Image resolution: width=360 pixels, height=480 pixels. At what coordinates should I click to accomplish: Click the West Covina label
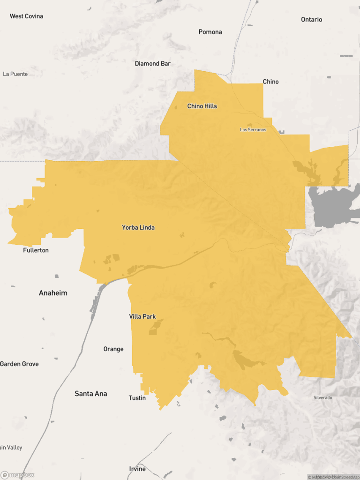pos(26,16)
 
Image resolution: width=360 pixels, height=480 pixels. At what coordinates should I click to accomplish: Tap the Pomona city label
pos(210,32)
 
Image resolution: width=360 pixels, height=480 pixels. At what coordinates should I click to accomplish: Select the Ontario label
pos(312,20)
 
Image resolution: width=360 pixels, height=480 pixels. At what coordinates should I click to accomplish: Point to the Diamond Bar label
pos(153,63)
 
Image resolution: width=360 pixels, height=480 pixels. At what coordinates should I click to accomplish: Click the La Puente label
pos(15,74)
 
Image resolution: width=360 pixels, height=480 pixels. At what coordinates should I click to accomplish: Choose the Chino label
pos(270,82)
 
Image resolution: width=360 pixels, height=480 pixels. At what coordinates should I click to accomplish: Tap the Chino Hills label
pos(202,106)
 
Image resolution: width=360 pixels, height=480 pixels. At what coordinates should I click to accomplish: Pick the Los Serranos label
pos(253,130)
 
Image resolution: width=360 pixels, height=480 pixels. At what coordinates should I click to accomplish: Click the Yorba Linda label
pos(138,228)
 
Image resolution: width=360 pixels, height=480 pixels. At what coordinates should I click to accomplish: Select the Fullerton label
pos(36,250)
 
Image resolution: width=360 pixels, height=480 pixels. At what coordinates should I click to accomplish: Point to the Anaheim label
pos(53,293)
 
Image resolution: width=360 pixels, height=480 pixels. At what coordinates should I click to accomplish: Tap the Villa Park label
pos(142,317)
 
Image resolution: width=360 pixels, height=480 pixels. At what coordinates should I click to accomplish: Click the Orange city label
pos(113,349)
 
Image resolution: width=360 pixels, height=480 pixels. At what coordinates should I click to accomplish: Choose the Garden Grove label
pos(19,364)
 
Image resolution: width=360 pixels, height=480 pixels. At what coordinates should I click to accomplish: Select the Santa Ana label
pos(91,394)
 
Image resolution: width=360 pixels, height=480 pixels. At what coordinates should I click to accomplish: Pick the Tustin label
pos(137,398)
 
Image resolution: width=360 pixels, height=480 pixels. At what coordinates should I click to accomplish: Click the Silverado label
pos(322,398)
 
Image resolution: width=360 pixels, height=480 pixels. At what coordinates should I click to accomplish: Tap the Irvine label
pos(137,469)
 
